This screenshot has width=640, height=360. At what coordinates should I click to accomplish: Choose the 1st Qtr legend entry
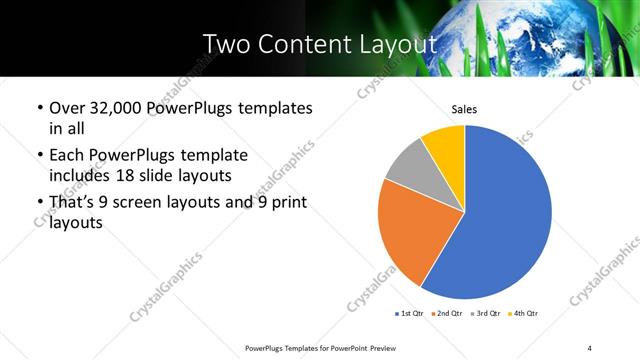(x=410, y=314)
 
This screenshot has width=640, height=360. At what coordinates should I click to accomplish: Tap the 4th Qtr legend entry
(x=524, y=314)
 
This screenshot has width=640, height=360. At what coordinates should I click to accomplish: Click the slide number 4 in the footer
(x=589, y=347)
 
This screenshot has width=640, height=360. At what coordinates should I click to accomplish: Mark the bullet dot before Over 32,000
(x=39, y=108)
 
